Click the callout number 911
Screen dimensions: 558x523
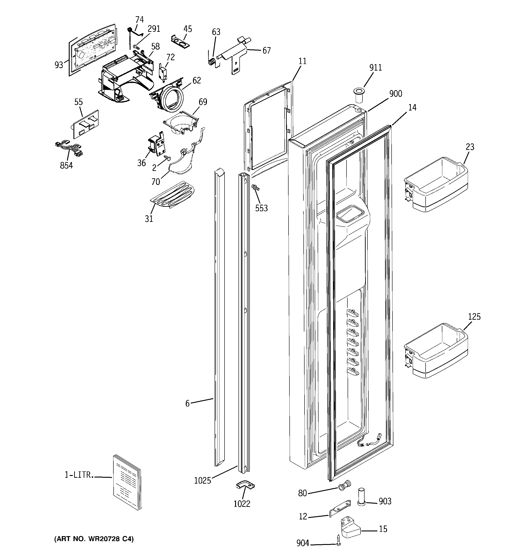coord(375,68)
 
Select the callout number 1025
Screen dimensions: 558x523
coord(202,481)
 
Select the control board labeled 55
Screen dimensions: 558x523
coord(85,124)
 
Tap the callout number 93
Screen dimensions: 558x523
coord(59,65)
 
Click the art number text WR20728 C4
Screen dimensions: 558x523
coord(94,539)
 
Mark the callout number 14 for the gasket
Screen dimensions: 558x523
coord(412,108)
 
